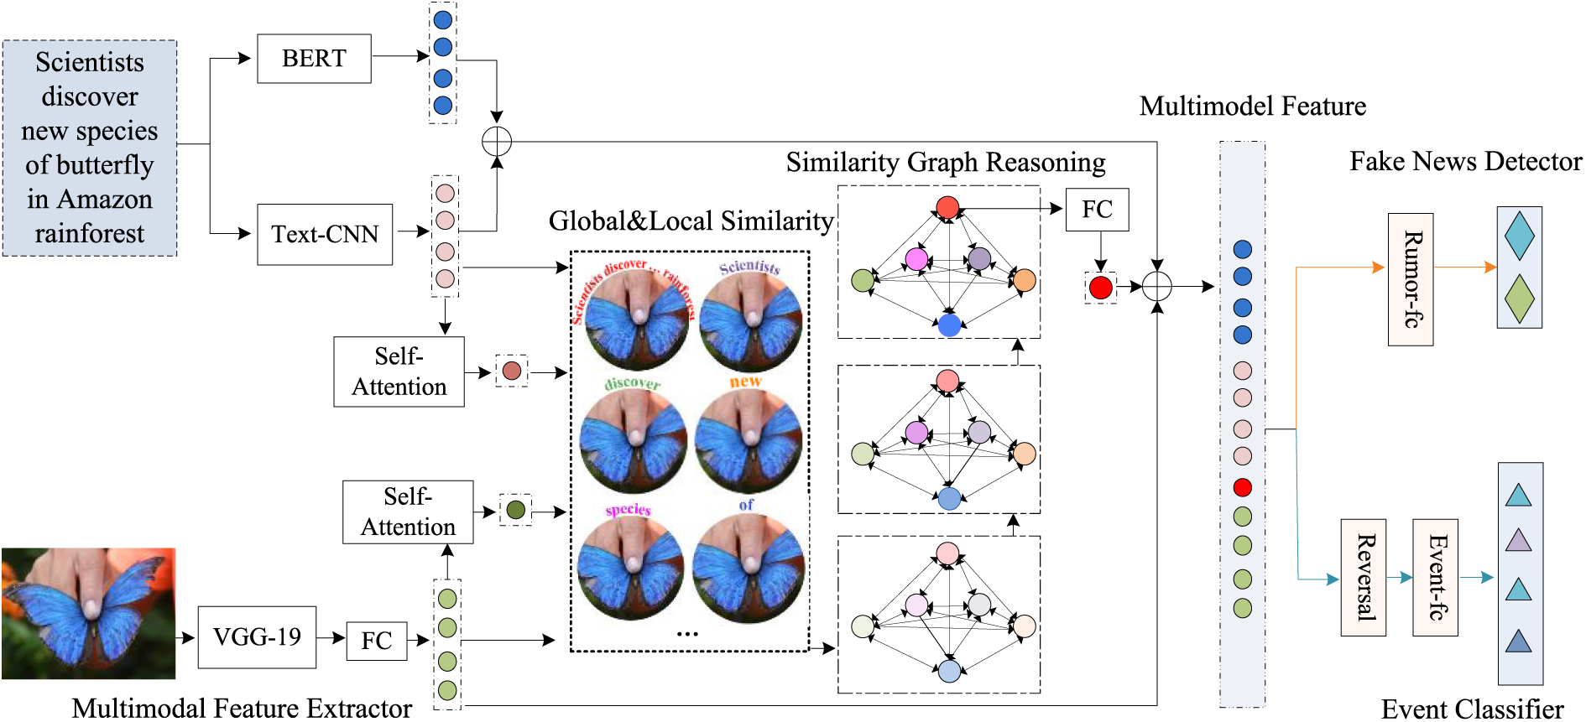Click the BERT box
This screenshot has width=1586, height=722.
coord(314,59)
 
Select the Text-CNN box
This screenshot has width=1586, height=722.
coord(325,234)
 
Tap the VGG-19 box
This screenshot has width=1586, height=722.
coord(257,637)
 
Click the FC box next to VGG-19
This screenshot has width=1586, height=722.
coord(377,641)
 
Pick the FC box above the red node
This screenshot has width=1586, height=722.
coord(1097,210)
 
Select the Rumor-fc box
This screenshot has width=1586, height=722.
coord(1411,279)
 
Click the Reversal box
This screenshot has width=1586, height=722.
coord(1363,577)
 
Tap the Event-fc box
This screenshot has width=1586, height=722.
coord(1435,577)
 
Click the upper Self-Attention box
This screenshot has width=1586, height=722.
coord(399,371)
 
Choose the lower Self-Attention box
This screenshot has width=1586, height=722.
coord(408,512)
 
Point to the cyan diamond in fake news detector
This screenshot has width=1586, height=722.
coord(1520,236)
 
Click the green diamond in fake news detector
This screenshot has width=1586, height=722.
coord(1520,299)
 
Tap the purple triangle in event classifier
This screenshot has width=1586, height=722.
coord(1518,539)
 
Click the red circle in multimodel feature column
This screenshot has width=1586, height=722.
coord(1243,487)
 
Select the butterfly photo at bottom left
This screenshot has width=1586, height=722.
coord(88,613)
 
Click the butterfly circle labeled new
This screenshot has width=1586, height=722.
coord(748,440)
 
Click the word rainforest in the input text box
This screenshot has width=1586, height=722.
coord(90,233)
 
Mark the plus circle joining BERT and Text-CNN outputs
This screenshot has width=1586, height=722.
coord(497,141)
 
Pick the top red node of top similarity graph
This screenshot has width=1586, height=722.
coord(947,207)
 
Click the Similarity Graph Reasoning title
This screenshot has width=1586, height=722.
coord(945,162)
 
